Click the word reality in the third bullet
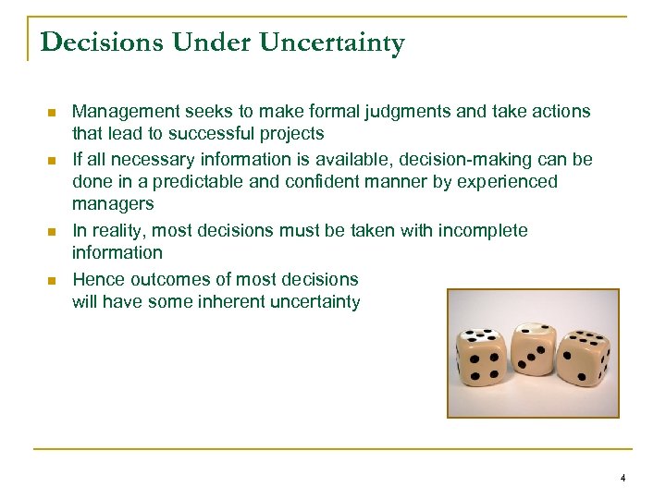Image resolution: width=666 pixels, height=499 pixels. pos(122,230)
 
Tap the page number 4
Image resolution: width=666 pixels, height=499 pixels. pos(623,478)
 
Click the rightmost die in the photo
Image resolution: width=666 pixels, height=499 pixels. pos(582,359)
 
